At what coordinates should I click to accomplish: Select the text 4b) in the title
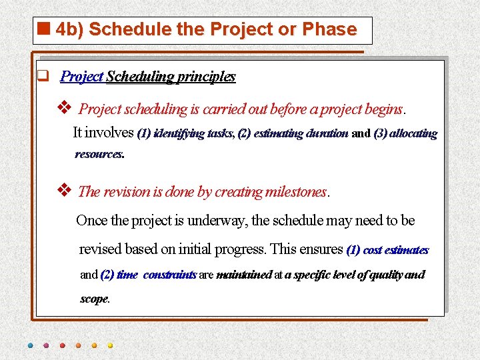click(69, 30)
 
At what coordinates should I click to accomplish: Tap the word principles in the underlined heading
click(207, 77)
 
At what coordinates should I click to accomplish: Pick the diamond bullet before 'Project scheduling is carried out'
click(65, 107)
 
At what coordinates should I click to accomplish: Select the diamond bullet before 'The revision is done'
click(65, 190)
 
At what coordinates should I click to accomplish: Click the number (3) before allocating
click(380, 133)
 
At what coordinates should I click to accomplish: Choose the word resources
click(99, 155)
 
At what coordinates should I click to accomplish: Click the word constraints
click(169, 275)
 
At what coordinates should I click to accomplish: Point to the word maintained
click(244, 275)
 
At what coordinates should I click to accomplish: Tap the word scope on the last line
click(94, 299)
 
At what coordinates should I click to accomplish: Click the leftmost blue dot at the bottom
click(30, 345)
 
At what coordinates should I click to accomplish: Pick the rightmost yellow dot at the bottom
click(110, 345)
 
